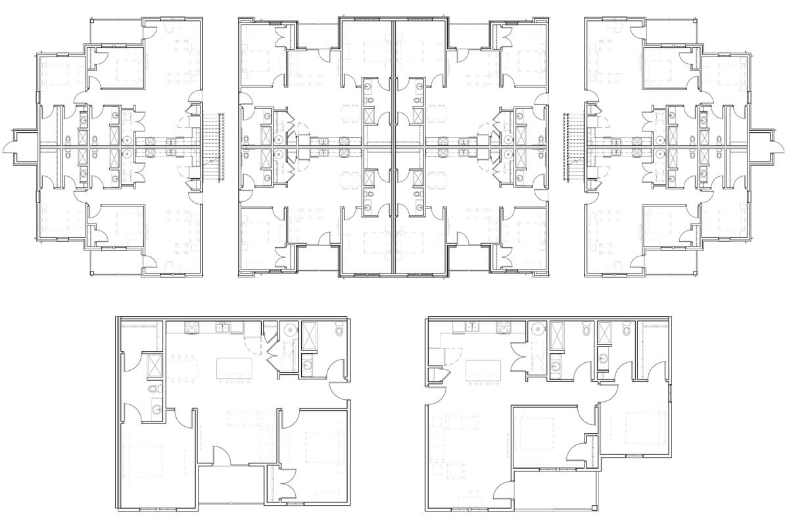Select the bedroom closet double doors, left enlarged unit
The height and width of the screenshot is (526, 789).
click(285, 478)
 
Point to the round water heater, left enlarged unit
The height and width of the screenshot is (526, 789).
click(288, 330)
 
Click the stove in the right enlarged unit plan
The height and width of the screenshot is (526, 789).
click(504, 327)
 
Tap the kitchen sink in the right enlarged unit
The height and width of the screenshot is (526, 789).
click(471, 327)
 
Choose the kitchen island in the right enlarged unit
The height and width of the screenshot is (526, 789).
click(483, 370)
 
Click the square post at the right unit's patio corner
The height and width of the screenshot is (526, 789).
click(595, 508)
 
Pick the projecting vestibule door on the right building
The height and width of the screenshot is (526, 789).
click(772, 146)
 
